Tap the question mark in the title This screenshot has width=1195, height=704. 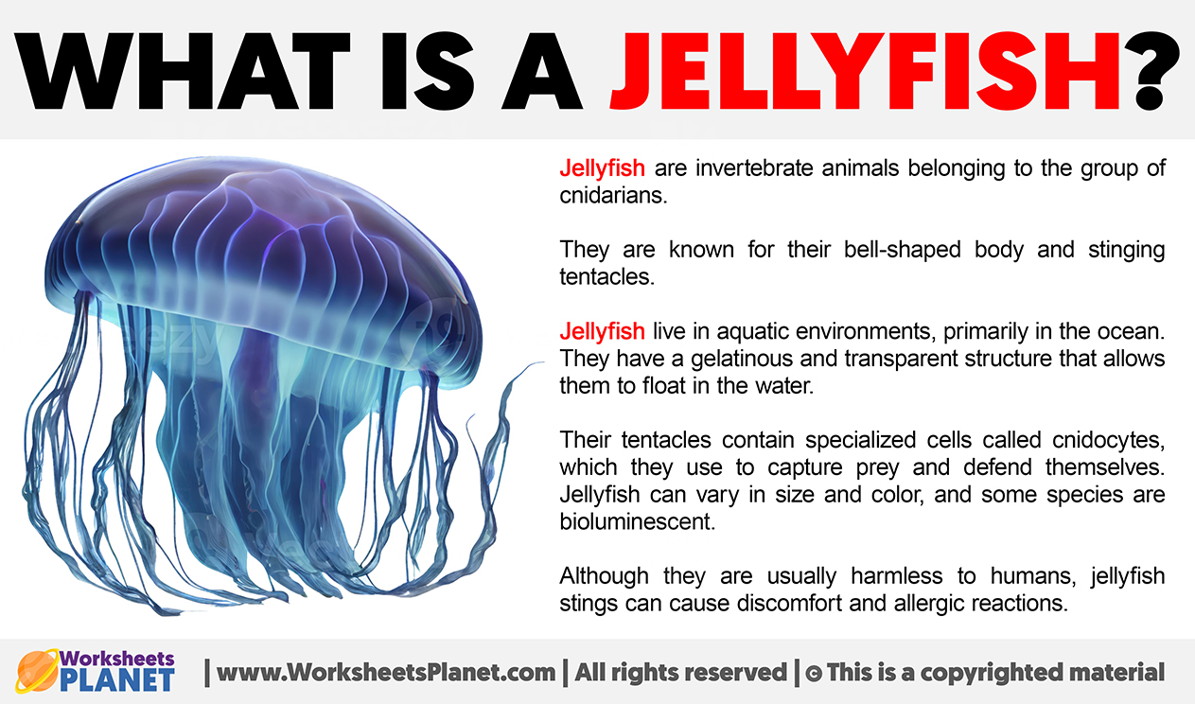click(1151, 71)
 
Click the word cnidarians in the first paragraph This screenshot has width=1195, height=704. click(613, 196)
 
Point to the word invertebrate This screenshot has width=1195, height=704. click(753, 168)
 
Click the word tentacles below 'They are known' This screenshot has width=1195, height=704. click(606, 277)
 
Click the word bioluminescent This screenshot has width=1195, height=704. click(637, 521)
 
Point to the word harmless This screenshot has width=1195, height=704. click(897, 576)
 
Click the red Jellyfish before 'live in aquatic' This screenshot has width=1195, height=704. click(603, 332)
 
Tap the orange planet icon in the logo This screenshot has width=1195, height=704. click(37, 672)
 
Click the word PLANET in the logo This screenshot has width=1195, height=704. click(117, 680)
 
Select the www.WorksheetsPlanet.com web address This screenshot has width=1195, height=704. click(386, 673)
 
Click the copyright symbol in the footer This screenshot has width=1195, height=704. click(814, 674)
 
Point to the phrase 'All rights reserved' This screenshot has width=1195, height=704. click(681, 673)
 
